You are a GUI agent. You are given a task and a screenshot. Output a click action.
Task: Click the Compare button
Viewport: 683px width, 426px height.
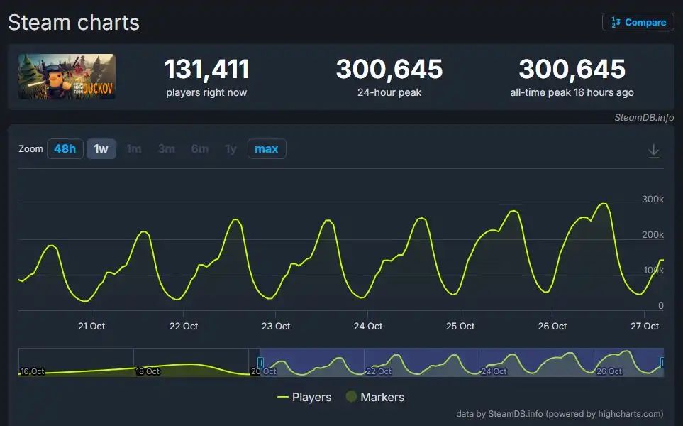tap(638, 22)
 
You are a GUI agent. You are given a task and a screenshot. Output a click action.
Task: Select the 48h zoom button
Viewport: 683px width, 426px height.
tap(65, 149)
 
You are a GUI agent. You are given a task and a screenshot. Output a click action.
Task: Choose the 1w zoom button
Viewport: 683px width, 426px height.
tap(101, 149)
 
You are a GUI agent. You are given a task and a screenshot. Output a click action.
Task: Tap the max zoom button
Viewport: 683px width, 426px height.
tap(267, 149)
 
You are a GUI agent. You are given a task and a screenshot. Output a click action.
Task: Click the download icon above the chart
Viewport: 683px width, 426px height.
tap(654, 151)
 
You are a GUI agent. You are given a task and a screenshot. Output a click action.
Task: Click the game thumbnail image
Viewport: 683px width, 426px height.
tap(67, 76)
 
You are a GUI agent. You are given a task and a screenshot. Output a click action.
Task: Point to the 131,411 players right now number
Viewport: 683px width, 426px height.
tap(206, 70)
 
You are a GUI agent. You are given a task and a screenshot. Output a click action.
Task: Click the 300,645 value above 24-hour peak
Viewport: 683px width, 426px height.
tap(389, 70)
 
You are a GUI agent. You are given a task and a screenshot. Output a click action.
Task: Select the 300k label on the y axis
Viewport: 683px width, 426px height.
tap(652, 200)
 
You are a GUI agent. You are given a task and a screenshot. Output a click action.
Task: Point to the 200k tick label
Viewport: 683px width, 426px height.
tap(652, 235)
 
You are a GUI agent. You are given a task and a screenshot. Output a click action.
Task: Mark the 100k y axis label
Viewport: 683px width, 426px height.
tap(652, 271)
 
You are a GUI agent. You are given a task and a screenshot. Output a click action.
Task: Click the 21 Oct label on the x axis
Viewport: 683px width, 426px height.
tap(91, 327)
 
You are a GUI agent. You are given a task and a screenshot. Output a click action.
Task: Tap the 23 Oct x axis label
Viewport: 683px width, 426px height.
tap(276, 327)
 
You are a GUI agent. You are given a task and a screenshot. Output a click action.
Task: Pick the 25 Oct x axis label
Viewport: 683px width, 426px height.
tap(460, 327)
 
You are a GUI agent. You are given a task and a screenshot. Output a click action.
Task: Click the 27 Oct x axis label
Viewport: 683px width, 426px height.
tap(645, 327)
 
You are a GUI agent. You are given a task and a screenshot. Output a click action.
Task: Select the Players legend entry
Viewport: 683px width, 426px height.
tap(304, 397)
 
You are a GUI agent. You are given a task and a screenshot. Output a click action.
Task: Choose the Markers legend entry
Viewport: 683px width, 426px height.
tap(374, 397)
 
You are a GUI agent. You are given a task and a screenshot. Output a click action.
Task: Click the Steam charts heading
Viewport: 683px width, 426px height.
tap(74, 23)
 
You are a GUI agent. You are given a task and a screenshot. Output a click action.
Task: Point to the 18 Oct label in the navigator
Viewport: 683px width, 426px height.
tap(148, 371)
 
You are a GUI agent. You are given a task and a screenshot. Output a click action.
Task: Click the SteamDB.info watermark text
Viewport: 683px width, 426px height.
tap(644, 117)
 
